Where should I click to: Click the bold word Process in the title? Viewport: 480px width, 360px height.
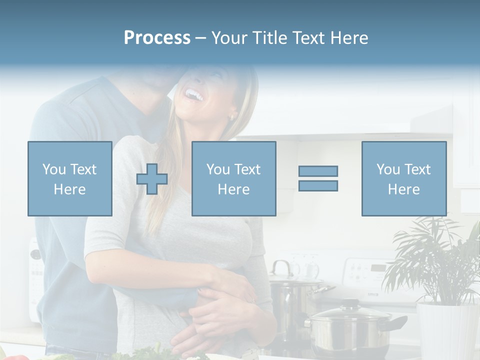pyautogui.click(x=157, y=37)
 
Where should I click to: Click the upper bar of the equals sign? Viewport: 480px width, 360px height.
pyautogui.click(x=318, y=171)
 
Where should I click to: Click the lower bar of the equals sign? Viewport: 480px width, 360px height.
pyautogui.click(x=318, y=185)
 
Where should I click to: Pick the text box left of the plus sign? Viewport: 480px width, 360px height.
pyautogui.click(x=69, y=178)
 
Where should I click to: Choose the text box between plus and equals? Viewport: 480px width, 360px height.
pyautogui.click(x=233, y=178)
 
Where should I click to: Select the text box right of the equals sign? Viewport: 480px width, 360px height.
pyautogui.click(x=403, y=178)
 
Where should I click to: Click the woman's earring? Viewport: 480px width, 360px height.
pyautogui.click(x=231, y=117)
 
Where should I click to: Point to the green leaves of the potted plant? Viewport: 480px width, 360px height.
pyautogui.click(x=435, y=260)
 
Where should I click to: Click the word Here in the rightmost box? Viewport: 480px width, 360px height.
pyautogui.click(x=403, y=189)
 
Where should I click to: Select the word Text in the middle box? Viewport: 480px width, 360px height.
pyautogui.click(x=247, y=169)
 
